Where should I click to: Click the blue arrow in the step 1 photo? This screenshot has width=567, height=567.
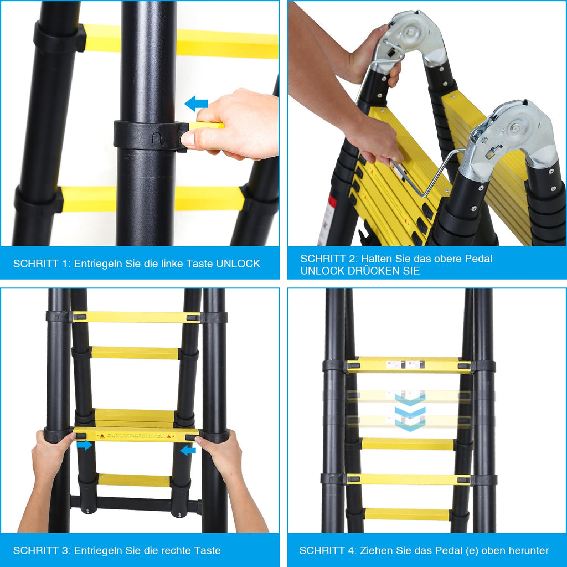pos(196,104)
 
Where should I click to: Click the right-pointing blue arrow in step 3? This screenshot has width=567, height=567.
pos(85,445)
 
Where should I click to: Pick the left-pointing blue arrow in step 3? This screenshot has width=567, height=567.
pos(188,450)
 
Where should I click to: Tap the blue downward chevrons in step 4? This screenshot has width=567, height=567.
pos(410,413)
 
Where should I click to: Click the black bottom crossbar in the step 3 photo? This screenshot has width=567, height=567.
pos(133,504)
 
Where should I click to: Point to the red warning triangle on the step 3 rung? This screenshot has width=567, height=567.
pos(168,436)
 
